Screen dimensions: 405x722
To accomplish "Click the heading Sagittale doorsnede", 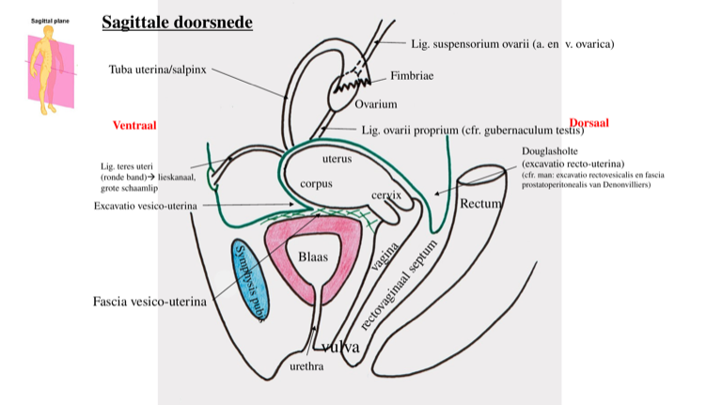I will tap(177, 22).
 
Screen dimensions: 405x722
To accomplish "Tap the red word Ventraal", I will tap(133, 125).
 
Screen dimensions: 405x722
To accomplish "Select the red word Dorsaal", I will tap(589, 122).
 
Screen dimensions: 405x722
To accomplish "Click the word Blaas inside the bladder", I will tap(314, 257).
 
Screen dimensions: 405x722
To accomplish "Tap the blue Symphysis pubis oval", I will tap(251, 279).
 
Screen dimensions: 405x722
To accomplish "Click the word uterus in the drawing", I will tap(336, 158).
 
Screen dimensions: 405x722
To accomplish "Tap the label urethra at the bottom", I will tap(307, 366).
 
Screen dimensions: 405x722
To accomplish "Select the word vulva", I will tap(340, 347).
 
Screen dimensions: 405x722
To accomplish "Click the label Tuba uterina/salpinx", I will tap(157, 69).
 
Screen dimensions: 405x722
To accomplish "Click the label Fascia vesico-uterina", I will tap(149, 302).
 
